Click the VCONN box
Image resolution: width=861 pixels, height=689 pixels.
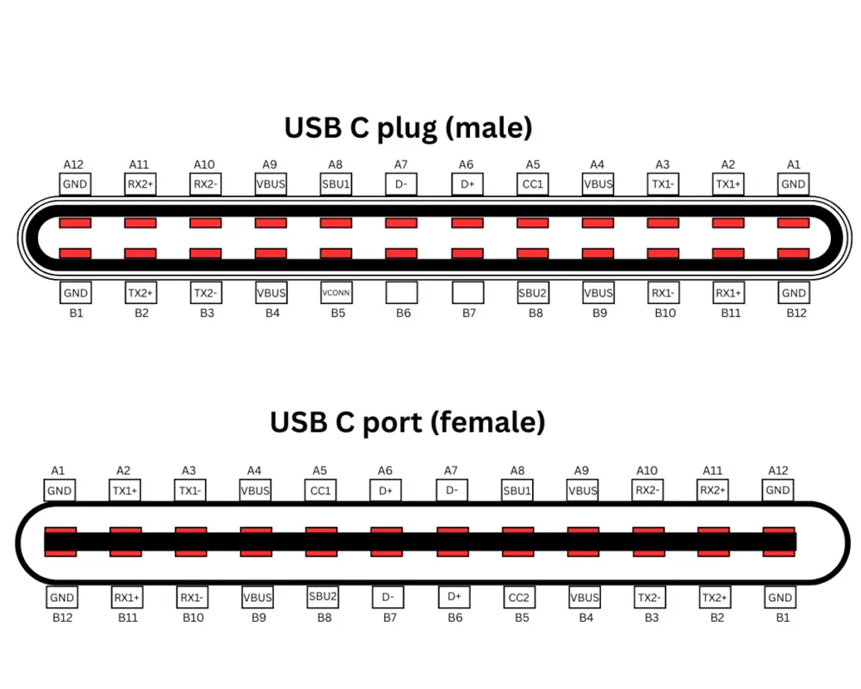click(336, 293)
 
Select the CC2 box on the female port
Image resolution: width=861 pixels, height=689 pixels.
click(518, 597)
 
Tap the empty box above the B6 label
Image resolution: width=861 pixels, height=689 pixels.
click(401, 293)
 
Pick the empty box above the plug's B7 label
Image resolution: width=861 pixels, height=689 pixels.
click(468, 293)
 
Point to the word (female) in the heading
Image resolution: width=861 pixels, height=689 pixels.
click(488, 422)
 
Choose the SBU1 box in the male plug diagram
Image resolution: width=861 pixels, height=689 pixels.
click(336, 183)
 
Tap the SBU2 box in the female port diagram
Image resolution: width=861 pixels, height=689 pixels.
click(322, 596)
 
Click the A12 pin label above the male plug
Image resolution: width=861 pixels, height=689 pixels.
click(74, 164)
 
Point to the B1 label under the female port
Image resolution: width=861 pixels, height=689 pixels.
click(782, 617)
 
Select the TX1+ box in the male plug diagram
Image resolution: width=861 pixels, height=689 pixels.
click(728, 183)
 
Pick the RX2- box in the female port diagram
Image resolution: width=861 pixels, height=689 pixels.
click(648, 491)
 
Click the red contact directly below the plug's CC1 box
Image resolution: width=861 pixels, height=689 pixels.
click(532, 223)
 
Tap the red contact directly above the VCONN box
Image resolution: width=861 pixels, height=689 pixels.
click(336, 254)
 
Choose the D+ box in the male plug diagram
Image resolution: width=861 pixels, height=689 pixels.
click(468, 183)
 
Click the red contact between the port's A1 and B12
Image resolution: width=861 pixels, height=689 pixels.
click(60, 542)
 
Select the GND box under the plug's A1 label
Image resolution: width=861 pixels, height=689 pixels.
click(793, 183)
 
